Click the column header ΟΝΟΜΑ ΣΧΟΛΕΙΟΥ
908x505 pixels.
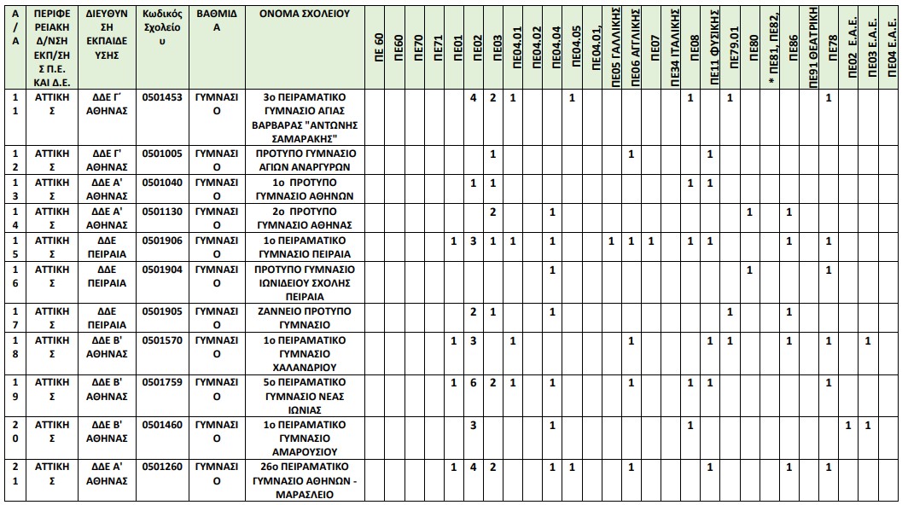click(x=297, y=15)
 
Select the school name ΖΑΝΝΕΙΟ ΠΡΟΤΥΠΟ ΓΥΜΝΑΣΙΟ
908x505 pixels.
click(x=297, y=318)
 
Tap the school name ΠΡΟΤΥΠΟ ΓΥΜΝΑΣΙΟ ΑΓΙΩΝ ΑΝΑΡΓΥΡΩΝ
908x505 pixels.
click(x=297, y=160)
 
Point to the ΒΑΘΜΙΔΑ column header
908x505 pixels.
click(x=217, y=20)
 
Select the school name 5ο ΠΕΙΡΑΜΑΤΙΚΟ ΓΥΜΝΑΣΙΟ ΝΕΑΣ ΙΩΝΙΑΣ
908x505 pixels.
click(x=297, y=396)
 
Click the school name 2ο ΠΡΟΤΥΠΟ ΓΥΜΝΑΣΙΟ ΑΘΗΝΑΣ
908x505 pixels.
click(x=297, y=218)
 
